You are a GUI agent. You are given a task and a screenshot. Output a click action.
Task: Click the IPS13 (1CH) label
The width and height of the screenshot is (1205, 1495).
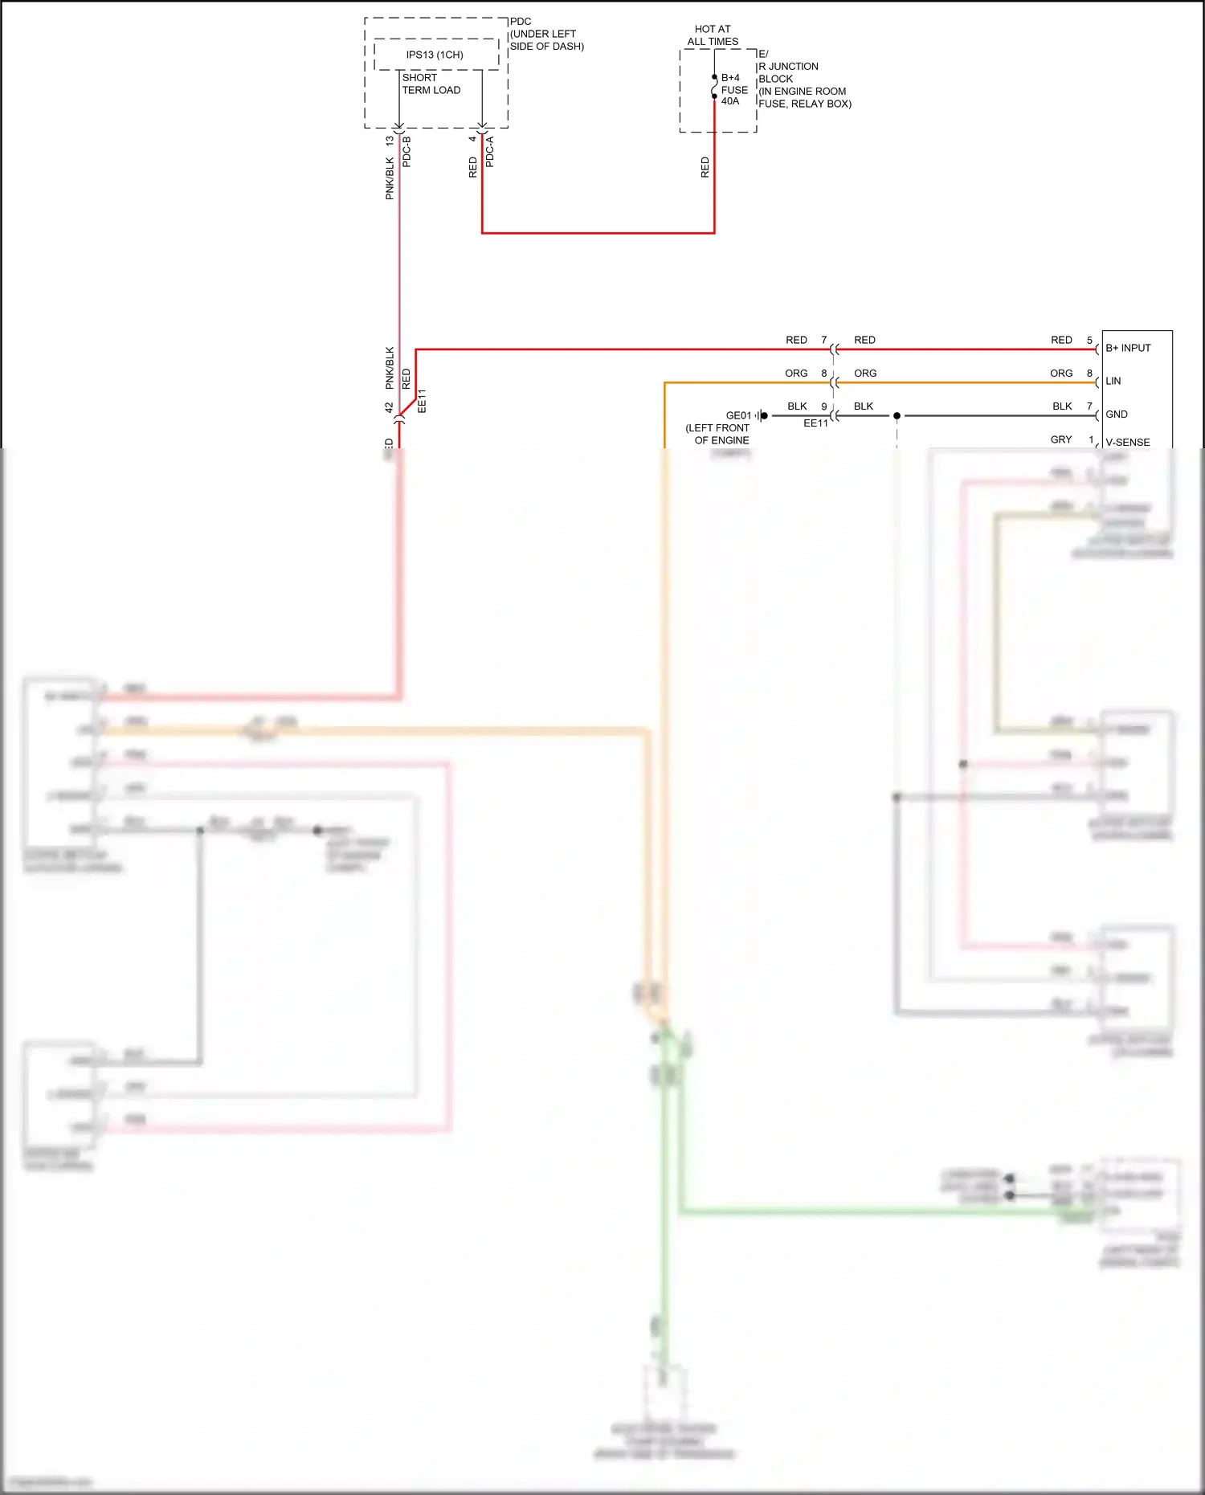tap(435, 55)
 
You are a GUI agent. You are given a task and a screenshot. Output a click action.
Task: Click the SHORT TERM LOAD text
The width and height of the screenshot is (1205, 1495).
tap(431, 84)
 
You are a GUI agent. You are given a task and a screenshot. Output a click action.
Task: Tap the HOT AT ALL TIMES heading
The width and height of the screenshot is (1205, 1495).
tap(713, 35)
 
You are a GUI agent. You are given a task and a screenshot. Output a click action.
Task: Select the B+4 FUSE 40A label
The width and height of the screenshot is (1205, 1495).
tap(734, 89)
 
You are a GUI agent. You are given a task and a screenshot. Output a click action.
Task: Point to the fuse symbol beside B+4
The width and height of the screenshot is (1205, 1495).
tap(714, 87)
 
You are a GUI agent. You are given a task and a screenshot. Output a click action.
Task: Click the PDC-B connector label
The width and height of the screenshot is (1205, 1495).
tap(406, 152)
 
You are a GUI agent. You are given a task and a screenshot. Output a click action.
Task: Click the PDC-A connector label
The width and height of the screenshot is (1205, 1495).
tap(490, 152)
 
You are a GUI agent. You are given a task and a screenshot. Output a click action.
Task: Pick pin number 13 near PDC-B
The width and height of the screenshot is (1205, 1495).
tap(390, 141)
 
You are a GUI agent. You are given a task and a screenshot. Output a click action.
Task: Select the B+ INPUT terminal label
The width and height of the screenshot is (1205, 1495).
tap(1128, 348)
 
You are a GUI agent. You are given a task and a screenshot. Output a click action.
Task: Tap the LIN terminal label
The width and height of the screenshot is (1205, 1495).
tap(1113, 381)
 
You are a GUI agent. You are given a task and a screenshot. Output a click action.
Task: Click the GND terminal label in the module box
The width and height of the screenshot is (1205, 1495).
tap(1116, 414)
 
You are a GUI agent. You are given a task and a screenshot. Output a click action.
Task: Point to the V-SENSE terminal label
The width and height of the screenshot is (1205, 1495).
tap(1127, 442)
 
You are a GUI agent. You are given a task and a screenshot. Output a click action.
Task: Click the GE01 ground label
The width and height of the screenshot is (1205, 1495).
tap(738, 415)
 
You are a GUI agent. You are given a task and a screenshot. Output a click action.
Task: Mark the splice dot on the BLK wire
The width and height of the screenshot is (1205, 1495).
tap(897, 415)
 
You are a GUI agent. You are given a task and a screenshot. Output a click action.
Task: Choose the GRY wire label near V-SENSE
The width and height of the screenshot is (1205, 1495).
tap(1060, 439)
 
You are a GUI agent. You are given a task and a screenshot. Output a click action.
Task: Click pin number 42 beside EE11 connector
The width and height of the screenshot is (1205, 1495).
tap(390, 408)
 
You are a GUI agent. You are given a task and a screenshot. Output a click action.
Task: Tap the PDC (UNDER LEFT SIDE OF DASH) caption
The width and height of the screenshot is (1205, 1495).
tap(546, 34)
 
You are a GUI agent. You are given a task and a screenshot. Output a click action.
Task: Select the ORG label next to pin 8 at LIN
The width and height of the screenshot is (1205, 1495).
tap(1060, 373)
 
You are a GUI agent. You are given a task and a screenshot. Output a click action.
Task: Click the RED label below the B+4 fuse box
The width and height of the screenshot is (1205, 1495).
tap(705, 167)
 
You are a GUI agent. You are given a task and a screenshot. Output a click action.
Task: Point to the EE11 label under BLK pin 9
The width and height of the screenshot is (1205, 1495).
tap(815, 423)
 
